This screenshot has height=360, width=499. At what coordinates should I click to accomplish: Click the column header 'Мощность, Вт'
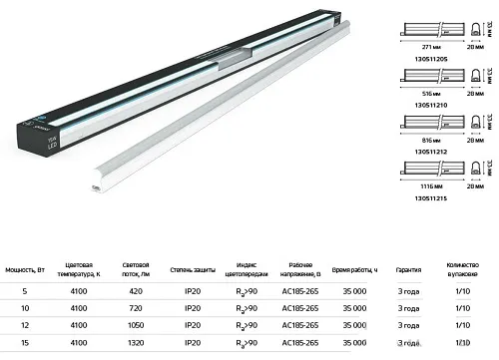coord(25,269)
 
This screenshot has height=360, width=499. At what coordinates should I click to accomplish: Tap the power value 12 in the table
coord(24,325)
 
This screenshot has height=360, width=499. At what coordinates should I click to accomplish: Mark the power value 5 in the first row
coord(24,291)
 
